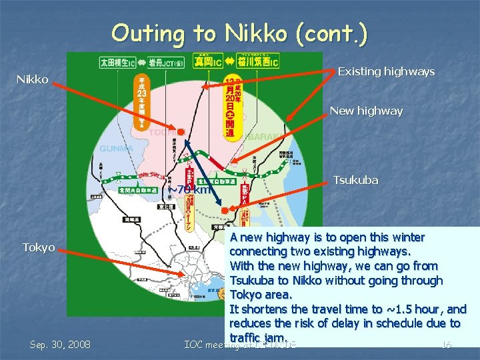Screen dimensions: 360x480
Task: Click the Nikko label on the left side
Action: [x=32, y=80]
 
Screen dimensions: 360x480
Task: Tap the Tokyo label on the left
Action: [x=39, y=247]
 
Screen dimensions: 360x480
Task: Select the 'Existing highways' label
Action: [x=386, y=71]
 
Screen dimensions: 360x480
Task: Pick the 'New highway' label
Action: [x=366, y=111]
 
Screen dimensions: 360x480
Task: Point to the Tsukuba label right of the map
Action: [x=355, y=180]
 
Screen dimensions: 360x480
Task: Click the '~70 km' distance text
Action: [x=189, y=189]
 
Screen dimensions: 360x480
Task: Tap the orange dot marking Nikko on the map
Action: [x=181, y=130]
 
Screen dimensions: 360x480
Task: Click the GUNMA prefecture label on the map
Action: [x=117, y=148]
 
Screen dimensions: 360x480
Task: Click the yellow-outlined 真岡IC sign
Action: [x=208, y=61]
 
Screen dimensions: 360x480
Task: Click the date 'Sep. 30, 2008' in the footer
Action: [x=61, y=344]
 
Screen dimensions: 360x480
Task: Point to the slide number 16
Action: [x=447, y=344]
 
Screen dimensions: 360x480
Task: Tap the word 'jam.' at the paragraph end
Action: [x=275, y=337]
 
